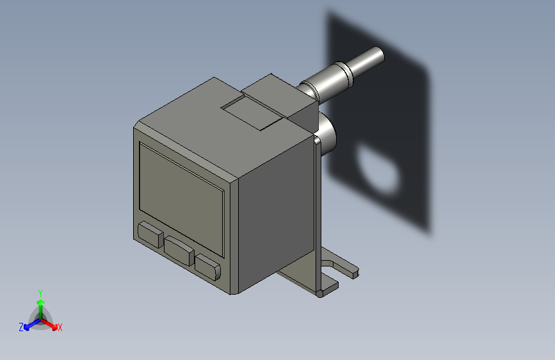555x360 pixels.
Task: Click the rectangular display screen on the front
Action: tap(181, 187)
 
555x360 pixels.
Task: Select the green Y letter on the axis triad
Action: tap(40, 292)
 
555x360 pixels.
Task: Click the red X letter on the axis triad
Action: tap(60, 327)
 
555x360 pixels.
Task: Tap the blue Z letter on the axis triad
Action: tap(21, 327)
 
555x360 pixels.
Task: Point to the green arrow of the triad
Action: tap(40, 305)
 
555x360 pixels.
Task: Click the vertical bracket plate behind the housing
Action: tap(316, 211)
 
